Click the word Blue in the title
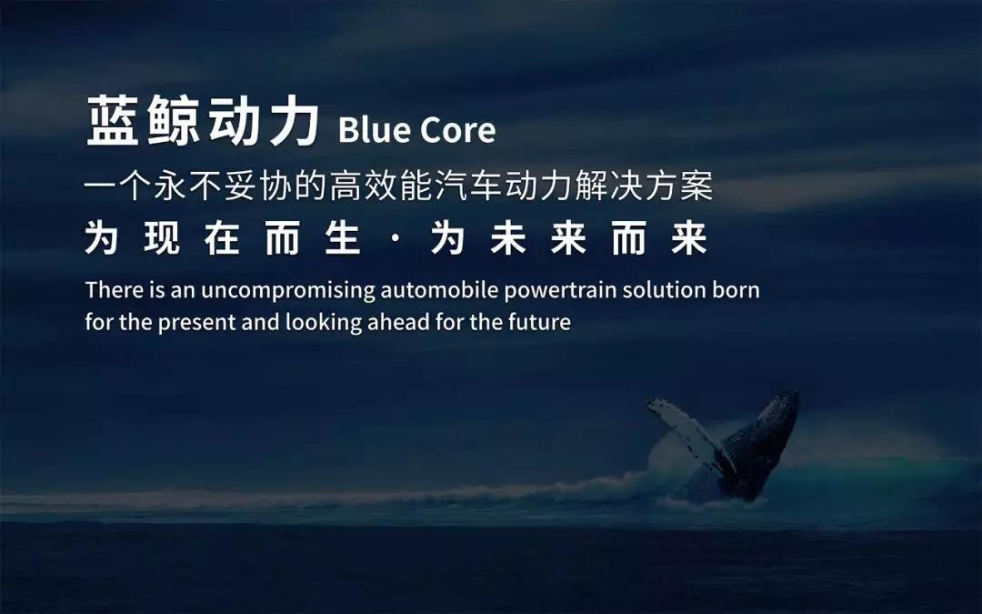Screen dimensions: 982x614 (x=374, y=130)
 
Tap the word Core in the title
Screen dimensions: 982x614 (x=457, y=130)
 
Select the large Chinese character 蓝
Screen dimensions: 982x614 (x=113, y=121)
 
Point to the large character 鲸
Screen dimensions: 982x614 (x=174, y=121)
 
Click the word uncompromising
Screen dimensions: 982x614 (x=287, y=291)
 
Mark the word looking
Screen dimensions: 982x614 (x=324, y=323)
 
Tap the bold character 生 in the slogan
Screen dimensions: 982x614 (x=343, y=238)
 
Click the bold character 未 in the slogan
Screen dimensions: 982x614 (x=508, y=238)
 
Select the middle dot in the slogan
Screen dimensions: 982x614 (x=395, y=240)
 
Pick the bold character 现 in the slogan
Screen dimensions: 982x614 (x=162, y=238)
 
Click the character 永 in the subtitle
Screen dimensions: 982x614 (x=170, y=186)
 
